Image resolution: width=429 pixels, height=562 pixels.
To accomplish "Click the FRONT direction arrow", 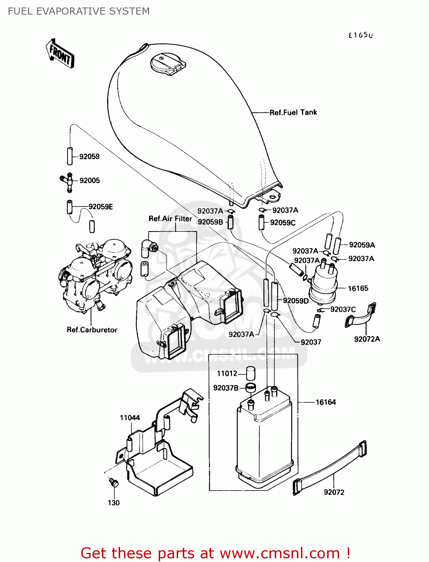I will coord(60,54).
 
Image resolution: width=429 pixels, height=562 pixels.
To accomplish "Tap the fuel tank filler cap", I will coord(167,64).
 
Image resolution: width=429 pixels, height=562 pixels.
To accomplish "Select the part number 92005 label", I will coord(89,181).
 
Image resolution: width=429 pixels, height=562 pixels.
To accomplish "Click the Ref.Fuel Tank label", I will coord(293,112).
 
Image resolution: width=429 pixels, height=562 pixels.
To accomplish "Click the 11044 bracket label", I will coord(130,418).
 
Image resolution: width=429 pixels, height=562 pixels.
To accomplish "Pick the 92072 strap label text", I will coord(334,492).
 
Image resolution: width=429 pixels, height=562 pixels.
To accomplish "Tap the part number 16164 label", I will coord(326,402).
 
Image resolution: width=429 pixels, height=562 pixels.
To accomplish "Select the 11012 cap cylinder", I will coord(250,373).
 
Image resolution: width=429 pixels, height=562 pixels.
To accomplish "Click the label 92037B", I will coord(226,388).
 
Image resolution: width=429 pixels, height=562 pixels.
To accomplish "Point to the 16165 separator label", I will coord(358,288).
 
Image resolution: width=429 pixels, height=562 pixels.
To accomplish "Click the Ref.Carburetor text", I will coord(92,330).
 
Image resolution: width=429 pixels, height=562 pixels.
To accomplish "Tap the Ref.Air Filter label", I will coord(170,219).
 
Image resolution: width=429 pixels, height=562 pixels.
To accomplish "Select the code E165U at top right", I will coord(360,36).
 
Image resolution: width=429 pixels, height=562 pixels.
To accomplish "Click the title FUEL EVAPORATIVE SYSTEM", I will coord(79,11).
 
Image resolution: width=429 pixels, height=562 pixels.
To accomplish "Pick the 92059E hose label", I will coord(100,207).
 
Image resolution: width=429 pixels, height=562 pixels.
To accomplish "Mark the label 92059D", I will coord(296,301).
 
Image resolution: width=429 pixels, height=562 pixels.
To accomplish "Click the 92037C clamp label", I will coord(343,309).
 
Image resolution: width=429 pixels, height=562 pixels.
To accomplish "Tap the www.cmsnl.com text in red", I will coord(279,553).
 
